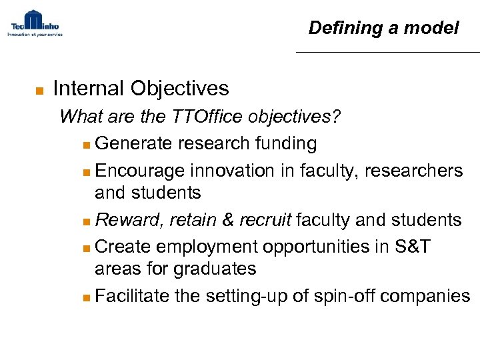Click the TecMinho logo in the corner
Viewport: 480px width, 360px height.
pyautogui.click(x=35, y=24)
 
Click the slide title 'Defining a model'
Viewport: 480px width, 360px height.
pyautogui.click(x=383, y=28)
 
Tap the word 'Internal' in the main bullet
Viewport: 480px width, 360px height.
pyautogui.click(x=89, y=88)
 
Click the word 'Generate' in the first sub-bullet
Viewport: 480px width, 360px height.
pyautogui.click(x=133, y=143)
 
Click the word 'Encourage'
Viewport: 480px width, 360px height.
pyautogui.click(x=139, y=171)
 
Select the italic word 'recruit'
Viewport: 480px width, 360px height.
pyautogui.click(x=265, y=220)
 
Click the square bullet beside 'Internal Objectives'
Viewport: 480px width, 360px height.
pyautogui.click(x=39, y=89)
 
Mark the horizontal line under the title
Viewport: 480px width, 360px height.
pyautogui.click(x=387, y=52)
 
